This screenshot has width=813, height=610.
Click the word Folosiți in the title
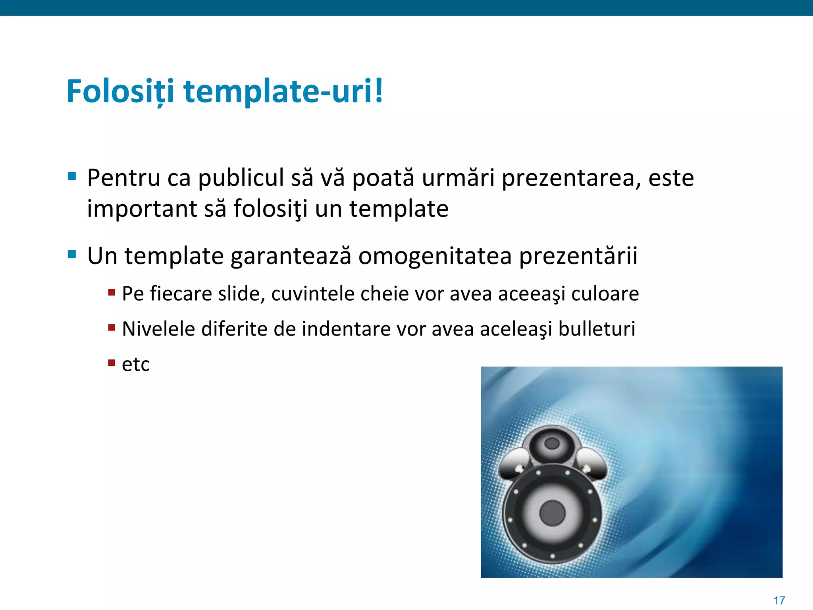(x=120, y=91)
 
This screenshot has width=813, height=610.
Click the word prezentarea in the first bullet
(x=571, y=178)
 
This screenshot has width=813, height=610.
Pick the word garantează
(x=291, y=256)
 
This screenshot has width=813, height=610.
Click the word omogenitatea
(x=435, y=256)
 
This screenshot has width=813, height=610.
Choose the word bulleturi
(x=597, y=329)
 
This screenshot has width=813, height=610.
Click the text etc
(x=136, y=365)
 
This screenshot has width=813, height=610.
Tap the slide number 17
(x=779, y=600)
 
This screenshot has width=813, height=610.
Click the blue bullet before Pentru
(x=72, y=176)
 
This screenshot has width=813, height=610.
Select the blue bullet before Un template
(x=72, y=254)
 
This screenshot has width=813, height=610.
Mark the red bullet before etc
(x=112, y=362)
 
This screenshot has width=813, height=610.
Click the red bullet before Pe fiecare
(x=112, y=293)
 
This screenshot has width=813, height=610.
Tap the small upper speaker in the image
(x=552, y=444)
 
